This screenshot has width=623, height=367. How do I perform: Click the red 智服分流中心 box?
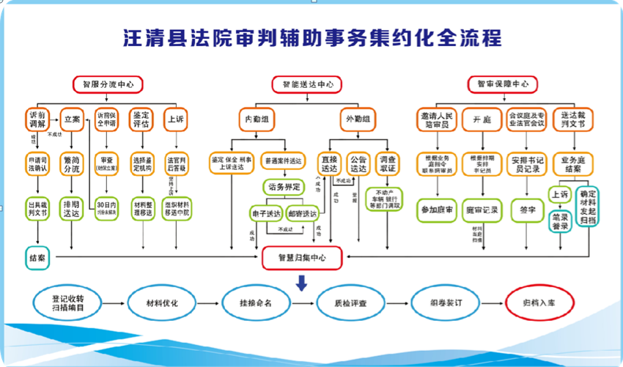pos(108,84)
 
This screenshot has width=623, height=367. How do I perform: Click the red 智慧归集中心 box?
pos(302,257)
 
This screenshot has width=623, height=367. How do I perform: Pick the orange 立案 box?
pos(72,119)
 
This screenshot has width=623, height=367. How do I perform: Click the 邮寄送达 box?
pos(302,213)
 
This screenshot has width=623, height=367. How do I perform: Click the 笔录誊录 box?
pos(561,222)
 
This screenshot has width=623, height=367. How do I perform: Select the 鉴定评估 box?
pos(141,119)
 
